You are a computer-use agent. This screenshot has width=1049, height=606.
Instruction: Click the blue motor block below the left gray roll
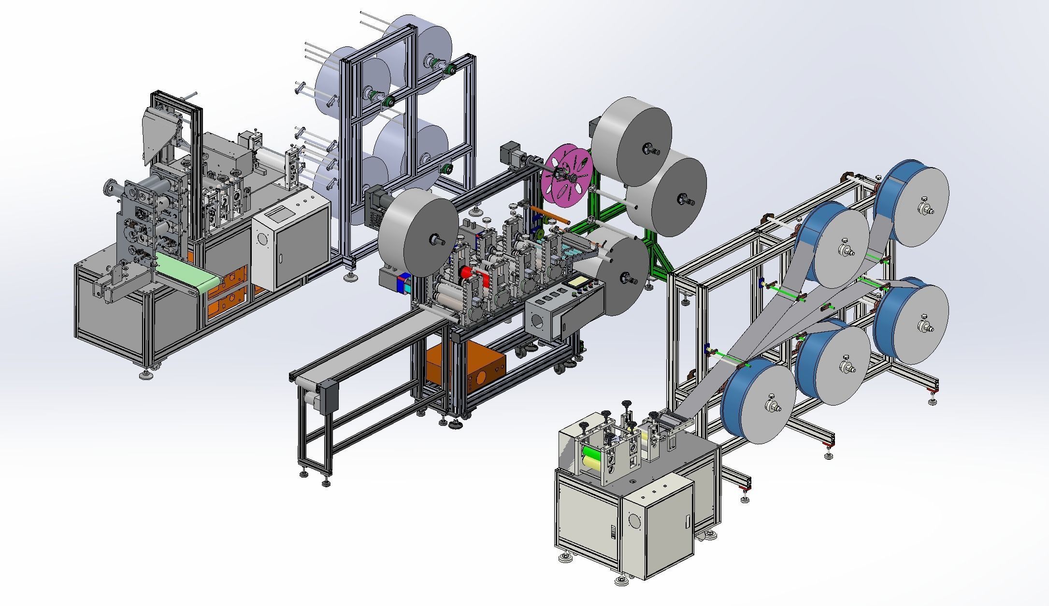403,283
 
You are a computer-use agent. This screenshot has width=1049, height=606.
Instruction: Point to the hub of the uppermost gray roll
646,150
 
